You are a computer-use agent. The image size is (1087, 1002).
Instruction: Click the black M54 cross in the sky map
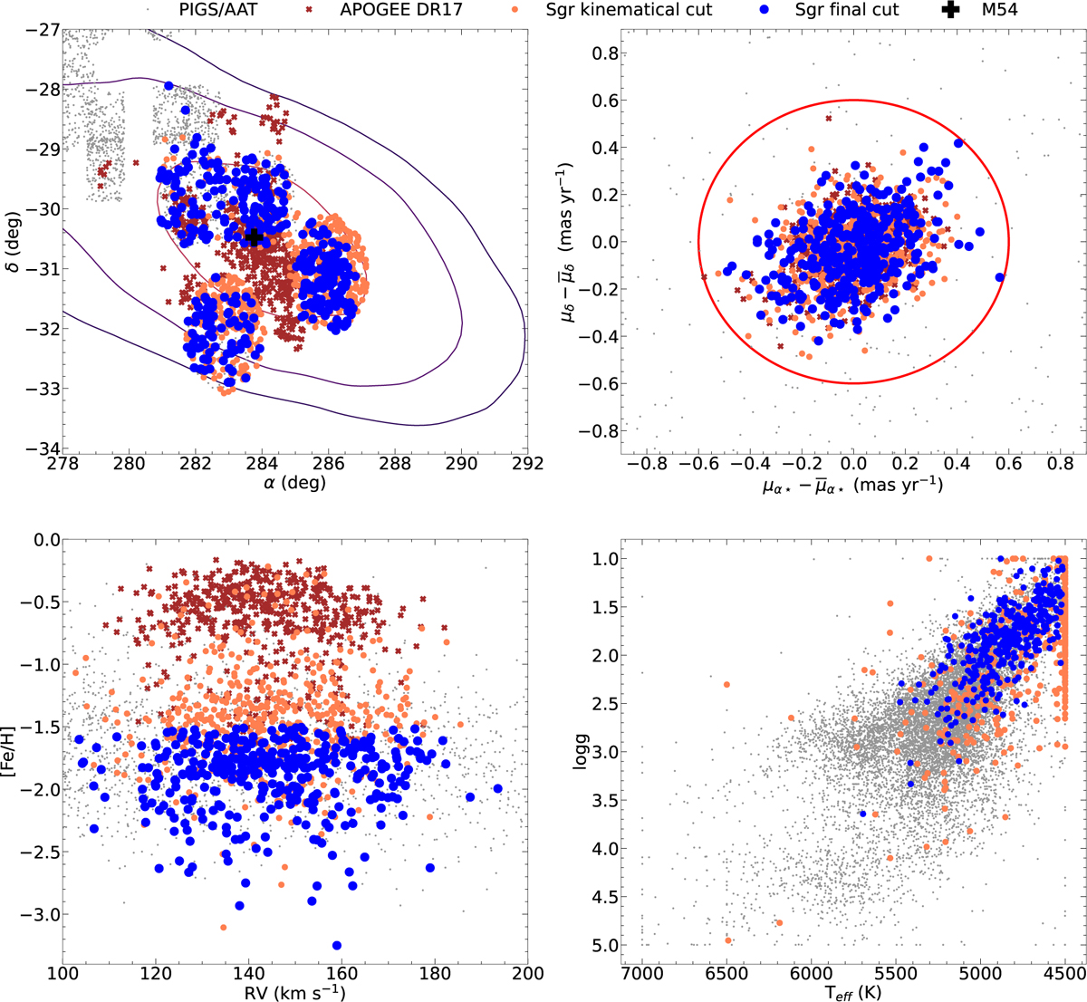[255, 237]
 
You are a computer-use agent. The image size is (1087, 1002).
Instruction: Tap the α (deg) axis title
[294, 484]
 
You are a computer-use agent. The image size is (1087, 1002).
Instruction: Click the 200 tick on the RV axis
[527, 973]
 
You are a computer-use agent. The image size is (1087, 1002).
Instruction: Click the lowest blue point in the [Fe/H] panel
[337, 946]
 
